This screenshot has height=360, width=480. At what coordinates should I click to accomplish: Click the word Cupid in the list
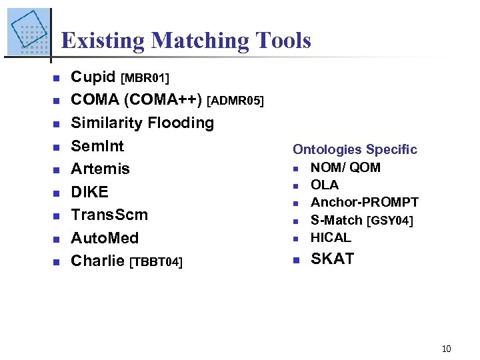click(x=94, y=77)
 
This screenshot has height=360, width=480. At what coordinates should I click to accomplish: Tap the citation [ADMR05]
click(x=235, y=101)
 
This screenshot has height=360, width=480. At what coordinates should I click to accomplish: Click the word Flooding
click(x=182, y=123)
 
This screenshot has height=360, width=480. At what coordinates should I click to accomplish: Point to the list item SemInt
click(x=97, y=145)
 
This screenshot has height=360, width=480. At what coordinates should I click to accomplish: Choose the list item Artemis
click(x=101, y=169)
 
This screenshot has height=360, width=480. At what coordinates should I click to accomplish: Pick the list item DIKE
click(x=89, y=192)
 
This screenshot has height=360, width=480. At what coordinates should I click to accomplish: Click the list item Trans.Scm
click(x=109, y=215)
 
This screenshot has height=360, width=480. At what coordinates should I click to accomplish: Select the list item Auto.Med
click(x=105, y=238)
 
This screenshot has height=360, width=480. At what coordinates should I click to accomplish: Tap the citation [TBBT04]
click(x=155, y=262)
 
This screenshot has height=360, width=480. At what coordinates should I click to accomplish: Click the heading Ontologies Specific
click(x=355, y=149)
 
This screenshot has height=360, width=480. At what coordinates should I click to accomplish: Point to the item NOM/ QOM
click(x=345, y=167)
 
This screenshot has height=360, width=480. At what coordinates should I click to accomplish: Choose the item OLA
click(x=325, y=185)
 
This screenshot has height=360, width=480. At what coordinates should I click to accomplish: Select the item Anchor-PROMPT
click(x=365, y=202)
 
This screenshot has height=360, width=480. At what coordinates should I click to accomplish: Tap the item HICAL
click(x=331, y=237)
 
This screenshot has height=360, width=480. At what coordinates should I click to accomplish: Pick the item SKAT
click(x=333, y=259)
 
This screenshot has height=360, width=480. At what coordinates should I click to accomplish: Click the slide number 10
click(x=447, y=349)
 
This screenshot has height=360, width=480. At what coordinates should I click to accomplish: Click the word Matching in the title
click(x=198, y=41)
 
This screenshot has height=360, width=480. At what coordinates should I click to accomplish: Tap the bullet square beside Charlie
click(x=57, y=262)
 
